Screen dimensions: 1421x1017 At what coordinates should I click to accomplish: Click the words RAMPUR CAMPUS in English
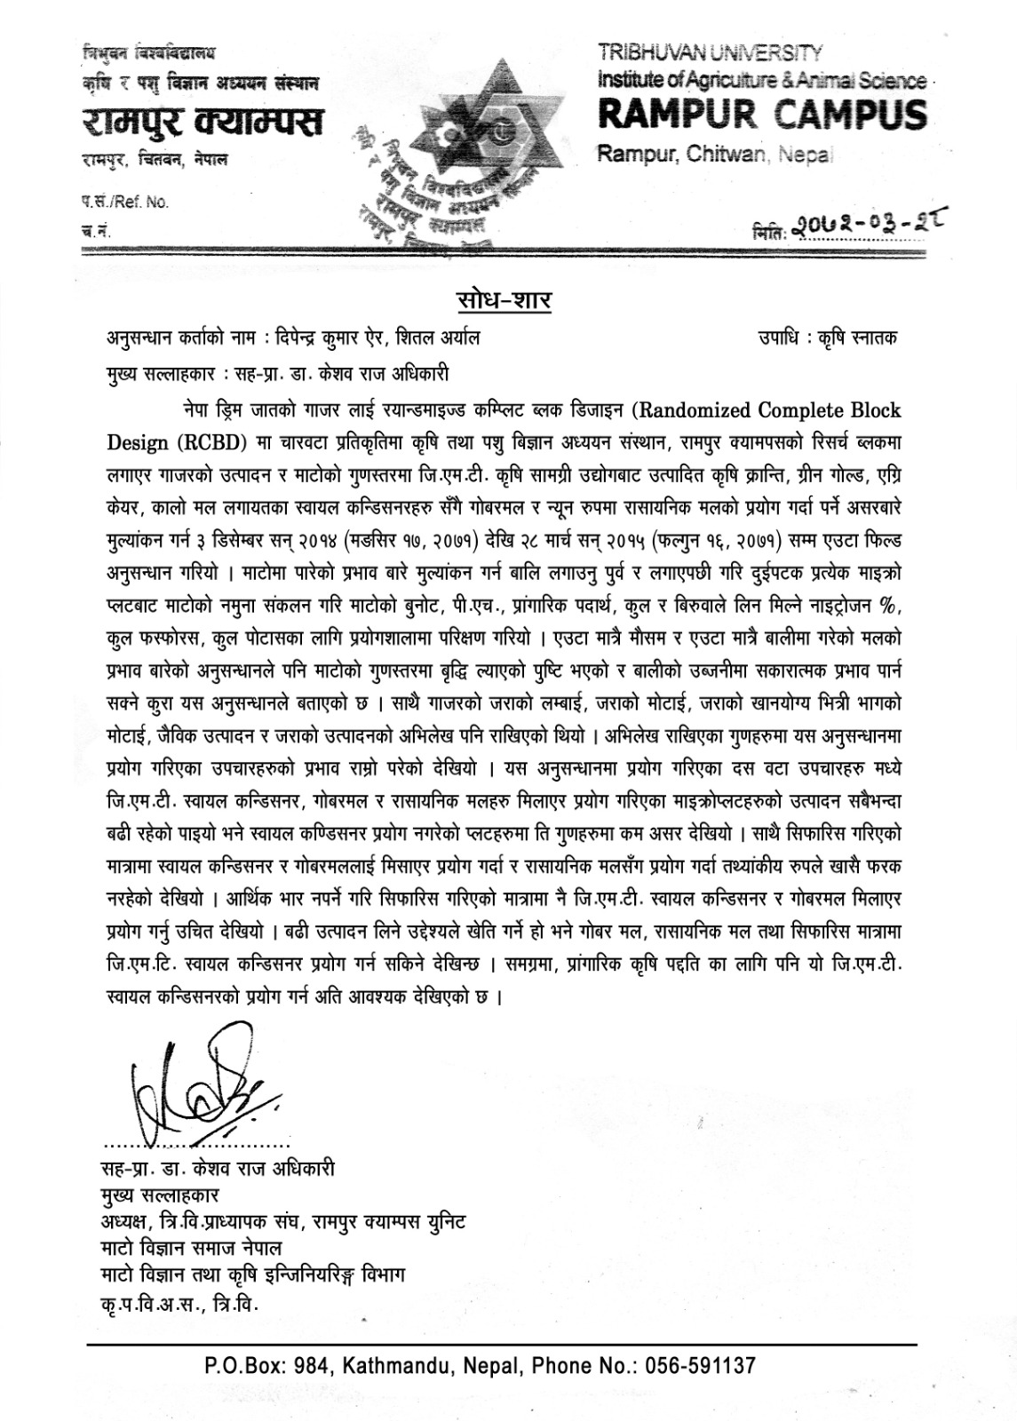pos(762,115)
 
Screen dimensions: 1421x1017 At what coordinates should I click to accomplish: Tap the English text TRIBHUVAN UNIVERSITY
pos(710,53)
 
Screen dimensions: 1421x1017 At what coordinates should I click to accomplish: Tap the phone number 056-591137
pos(701,1364)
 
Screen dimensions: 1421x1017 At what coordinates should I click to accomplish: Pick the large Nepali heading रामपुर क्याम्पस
pos(202,120)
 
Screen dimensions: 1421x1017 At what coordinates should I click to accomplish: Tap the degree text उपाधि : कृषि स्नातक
pos(827,338)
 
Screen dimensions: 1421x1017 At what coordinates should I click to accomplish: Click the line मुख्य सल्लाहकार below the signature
pos(162,1195)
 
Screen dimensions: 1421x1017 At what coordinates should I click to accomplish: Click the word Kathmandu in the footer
pos(395,1364)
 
